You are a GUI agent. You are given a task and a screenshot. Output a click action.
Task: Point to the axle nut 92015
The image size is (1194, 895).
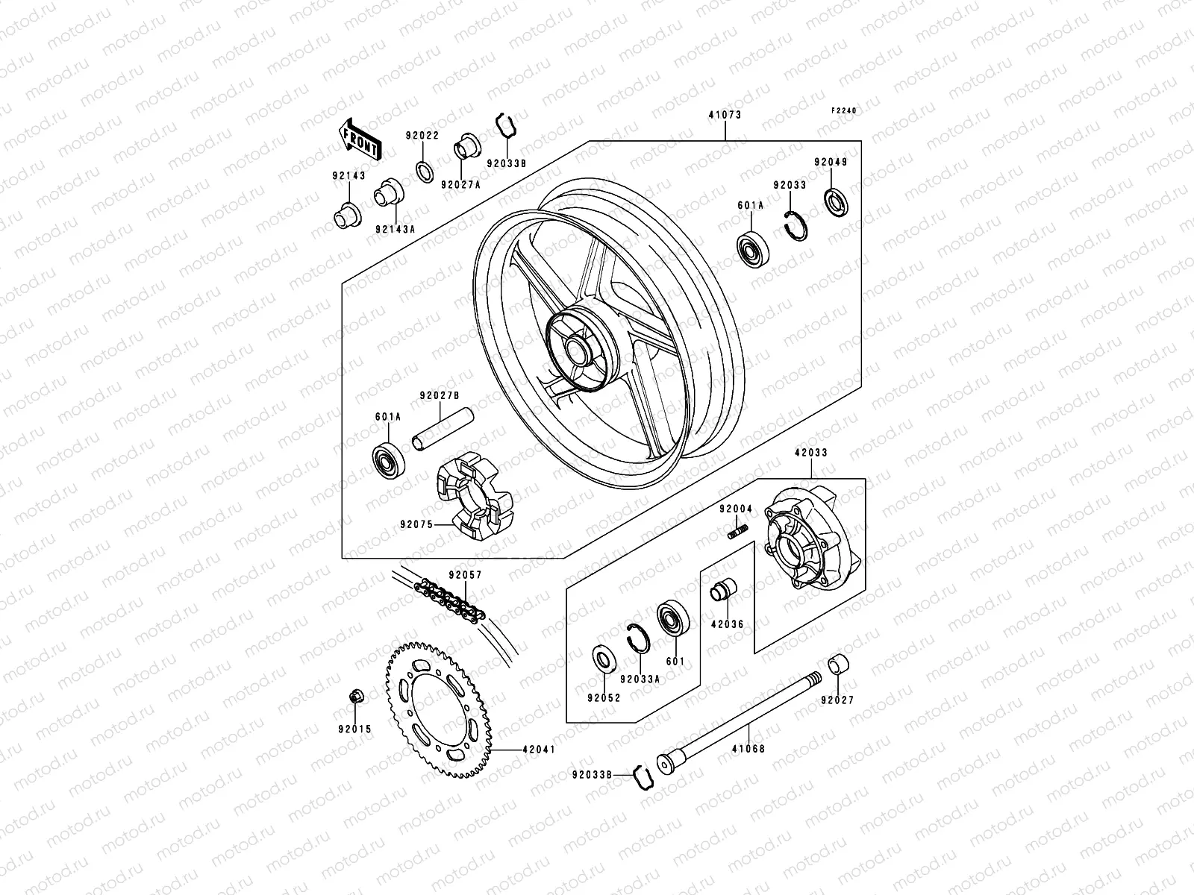[356, 697]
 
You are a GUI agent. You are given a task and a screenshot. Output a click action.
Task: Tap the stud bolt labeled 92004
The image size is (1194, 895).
[737, 531]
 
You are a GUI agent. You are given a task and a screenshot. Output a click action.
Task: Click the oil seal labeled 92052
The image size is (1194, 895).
[603, 659]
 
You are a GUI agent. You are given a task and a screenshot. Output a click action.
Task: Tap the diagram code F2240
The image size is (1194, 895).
[845, 110]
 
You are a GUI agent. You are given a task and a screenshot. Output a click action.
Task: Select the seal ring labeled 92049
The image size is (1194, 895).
[834, 201]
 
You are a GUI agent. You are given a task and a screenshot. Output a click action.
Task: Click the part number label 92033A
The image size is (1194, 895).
[640, 679]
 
